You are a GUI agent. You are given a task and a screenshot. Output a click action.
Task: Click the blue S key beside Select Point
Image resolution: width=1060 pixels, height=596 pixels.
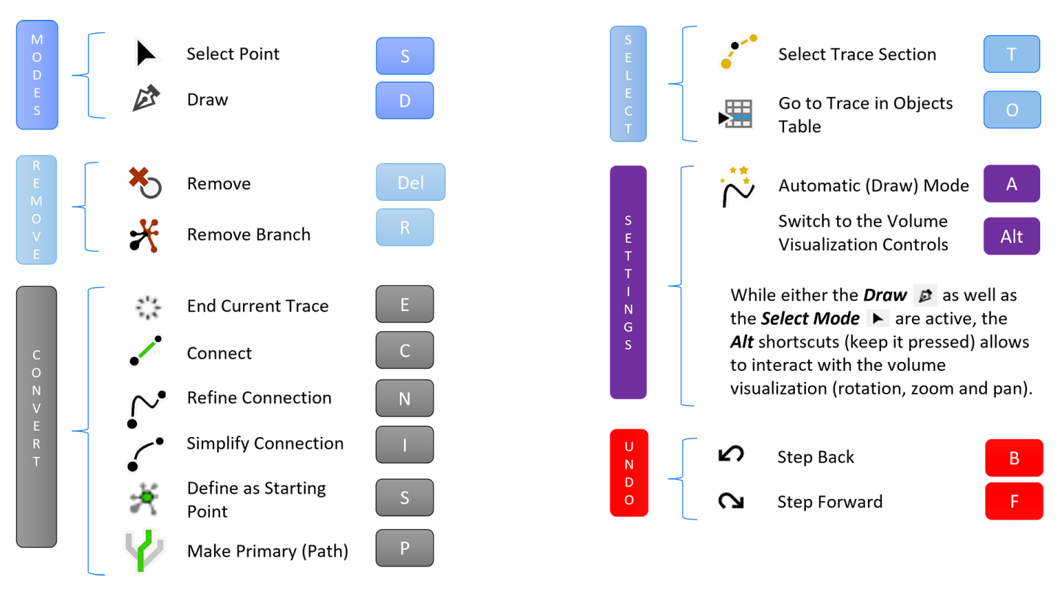click(x=405, y=56)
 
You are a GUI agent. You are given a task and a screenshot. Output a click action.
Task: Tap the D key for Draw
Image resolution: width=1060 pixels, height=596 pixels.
click(x=405, y=101)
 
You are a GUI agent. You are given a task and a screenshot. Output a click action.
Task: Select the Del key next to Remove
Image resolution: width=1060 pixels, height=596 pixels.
click(x=411, y=182)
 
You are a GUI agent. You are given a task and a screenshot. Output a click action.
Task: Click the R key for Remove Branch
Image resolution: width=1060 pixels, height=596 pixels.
click(x=405, y=227)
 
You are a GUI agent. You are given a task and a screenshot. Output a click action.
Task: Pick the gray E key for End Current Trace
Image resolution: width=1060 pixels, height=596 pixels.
click(x=405, y=305)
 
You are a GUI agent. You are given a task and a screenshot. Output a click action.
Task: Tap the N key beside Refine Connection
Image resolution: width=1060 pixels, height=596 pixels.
click(x=405, y=398)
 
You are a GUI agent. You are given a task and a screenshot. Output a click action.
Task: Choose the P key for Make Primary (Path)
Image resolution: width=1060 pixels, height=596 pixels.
click(x=405, y=548)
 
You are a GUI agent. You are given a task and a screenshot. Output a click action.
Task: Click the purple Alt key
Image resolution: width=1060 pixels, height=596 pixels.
click(x=1011, y=236)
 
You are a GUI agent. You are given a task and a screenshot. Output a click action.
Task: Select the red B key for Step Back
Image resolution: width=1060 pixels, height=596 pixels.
click(x=1014, y=458)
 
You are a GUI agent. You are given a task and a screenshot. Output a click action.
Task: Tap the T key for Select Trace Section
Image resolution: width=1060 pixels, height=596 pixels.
click(x=1011, y=54)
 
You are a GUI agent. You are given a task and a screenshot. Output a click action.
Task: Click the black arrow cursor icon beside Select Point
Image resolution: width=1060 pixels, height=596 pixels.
click(x=145, y=54)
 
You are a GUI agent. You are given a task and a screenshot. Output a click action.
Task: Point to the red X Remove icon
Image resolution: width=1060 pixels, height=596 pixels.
click(x=144, y=182)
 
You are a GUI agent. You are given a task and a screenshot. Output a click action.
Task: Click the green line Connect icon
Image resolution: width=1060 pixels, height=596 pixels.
click(x=145, y=352)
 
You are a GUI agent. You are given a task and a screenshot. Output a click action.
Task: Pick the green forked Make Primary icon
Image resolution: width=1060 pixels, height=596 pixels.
click(x=144, y=550)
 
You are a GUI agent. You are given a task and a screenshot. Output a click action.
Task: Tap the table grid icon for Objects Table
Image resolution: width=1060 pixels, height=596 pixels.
click(x=736, y=114)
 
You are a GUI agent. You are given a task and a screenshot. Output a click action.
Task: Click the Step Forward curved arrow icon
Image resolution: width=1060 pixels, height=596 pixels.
click(x=731, y=502)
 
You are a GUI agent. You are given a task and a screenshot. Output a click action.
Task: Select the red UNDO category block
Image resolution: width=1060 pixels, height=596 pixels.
click(x=629, y=472)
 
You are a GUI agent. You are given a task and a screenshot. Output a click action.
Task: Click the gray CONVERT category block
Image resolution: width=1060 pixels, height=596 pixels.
click(x=36, y=416)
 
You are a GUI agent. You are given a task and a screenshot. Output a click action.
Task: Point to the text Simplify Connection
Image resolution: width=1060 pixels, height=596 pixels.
click(x=265, y=444)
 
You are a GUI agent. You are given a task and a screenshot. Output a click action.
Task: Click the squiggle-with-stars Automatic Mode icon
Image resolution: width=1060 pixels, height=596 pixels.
click(x=737, y=187)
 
